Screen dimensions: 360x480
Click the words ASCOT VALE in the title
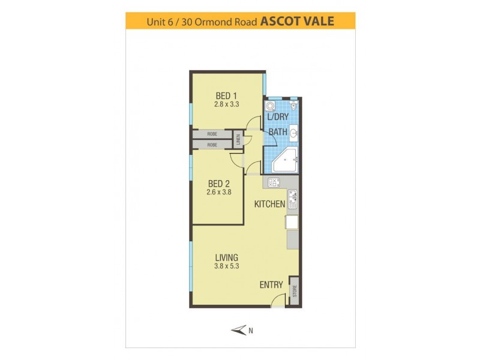[x=296, y=22]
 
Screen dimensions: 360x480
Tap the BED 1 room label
[x=227, y=95]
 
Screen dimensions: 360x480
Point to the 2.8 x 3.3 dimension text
[x=227, y=104]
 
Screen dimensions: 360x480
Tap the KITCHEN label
[x=269, y=204]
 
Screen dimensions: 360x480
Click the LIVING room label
[x=227, y=258]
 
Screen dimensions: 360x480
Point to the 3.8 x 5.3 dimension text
[x=227, y=266]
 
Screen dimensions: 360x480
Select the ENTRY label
[x=271, y=285]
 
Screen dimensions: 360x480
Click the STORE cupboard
[x=295, y=292]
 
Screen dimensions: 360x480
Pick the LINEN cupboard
[x=238, y=140]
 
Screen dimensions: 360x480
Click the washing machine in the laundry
[x=271, y=106]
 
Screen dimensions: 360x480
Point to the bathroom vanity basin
[x=293, y=133]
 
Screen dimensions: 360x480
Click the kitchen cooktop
[x=273, y=182]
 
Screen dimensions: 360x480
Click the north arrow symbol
[x=239, y=329]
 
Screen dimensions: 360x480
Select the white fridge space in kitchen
[x=292, y=223]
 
